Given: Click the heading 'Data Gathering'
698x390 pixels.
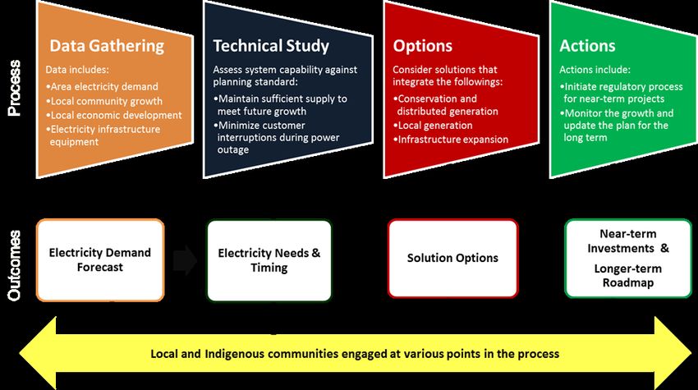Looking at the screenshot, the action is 107,46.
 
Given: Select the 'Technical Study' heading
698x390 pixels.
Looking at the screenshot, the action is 271,46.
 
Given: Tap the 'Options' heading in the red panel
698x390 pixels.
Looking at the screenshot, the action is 422,46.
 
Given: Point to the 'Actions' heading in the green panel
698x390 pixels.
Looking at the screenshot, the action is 587,46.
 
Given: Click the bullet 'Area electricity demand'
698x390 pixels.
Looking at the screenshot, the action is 102,86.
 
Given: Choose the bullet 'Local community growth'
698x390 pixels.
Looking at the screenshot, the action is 104,101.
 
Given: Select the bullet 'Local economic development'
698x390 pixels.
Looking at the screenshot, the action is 114,115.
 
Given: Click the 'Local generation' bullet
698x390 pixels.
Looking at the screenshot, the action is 433,126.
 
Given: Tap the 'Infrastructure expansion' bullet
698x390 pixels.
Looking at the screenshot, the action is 451,140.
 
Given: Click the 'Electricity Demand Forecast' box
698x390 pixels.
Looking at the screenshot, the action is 100,260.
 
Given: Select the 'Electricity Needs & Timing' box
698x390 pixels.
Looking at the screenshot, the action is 269,260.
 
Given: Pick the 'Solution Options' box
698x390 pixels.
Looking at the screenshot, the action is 452,258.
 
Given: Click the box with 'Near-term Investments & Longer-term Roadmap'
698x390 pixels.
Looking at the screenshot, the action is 628,258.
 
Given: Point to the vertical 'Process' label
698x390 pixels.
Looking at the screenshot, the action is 14,88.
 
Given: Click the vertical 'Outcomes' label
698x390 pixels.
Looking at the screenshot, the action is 14,265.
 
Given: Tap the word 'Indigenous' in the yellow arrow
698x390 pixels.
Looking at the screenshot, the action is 235,355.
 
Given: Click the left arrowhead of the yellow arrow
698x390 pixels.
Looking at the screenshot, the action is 38,353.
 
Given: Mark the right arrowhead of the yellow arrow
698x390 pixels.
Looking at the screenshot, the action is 673,353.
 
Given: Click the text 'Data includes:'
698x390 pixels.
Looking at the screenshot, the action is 77,70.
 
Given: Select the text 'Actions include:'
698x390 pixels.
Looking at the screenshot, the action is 595,70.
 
